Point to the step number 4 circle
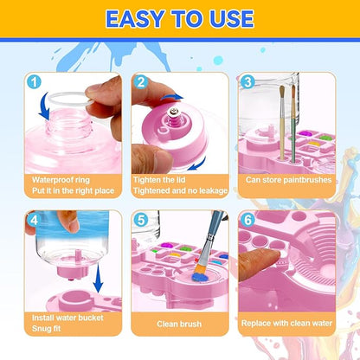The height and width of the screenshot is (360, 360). click(32, 219)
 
